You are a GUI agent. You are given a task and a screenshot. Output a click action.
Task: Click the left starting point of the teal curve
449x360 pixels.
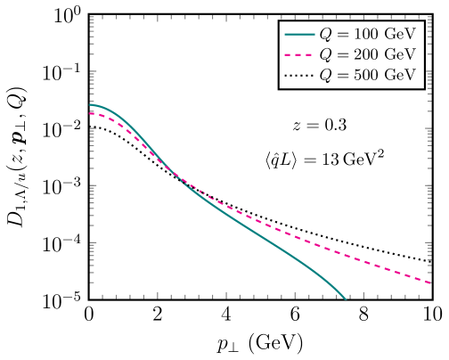coord(90,105)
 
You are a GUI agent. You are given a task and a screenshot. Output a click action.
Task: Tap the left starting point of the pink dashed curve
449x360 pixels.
coord(90,112)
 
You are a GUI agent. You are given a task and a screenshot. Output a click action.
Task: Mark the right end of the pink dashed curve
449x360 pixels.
coord(431,283)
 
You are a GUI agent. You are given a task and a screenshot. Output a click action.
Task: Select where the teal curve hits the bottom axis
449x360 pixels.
coord(345,299)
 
